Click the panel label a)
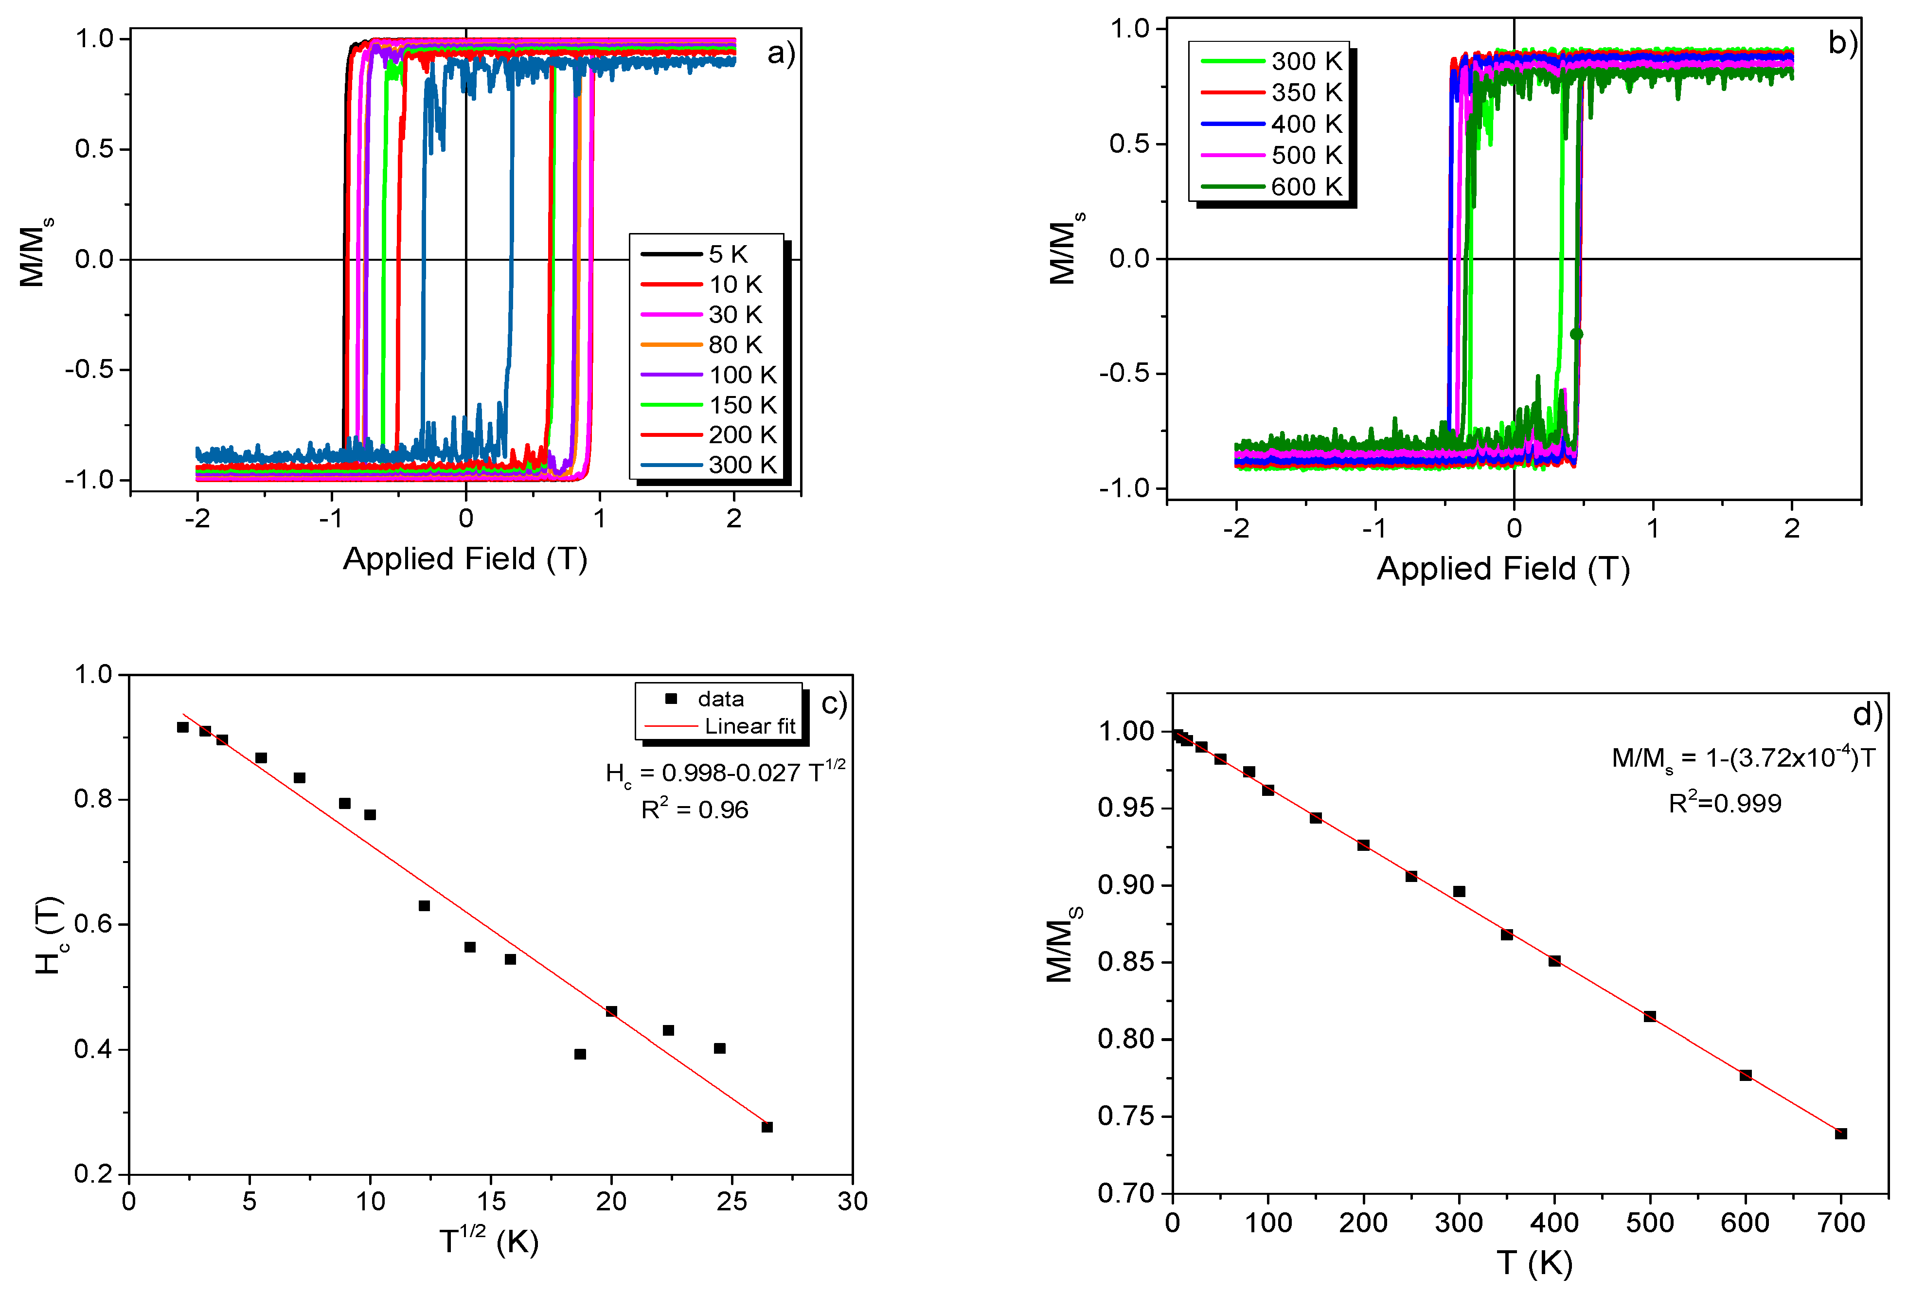click(x=781, y=54)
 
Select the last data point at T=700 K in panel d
click(x=1841, y=1133)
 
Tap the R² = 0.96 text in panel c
click(x=695, y=809)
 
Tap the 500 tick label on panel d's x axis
click(x=1649, y=1223)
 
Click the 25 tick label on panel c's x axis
click(x=731, y=1202)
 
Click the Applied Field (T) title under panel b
click(x=1502, y=568)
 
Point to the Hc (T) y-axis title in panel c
click(x=49, y=935)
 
